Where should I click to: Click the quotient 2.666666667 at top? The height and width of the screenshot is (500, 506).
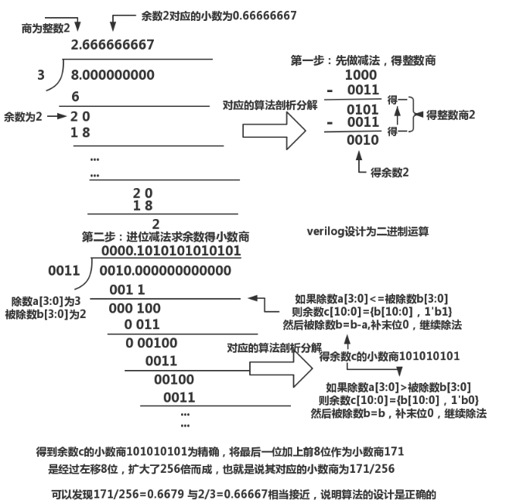(111, 45)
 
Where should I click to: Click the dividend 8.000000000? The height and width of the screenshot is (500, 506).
(111, 75)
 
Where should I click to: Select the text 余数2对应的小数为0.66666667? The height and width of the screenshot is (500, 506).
(208, 15)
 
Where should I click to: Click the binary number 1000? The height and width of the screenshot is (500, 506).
(361, 76)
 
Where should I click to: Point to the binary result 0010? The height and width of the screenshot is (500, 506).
(362, 140)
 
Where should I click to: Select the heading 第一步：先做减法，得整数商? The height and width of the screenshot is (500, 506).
(362, 60)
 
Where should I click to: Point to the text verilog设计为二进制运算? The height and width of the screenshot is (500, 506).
(368, 231)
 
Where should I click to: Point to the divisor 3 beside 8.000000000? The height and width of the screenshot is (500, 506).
(41, 75)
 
